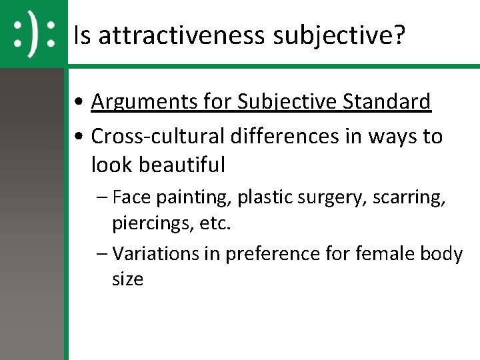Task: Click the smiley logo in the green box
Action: [33, 33]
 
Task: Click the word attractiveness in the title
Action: [181, 35]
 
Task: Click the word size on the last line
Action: [127, 279]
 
